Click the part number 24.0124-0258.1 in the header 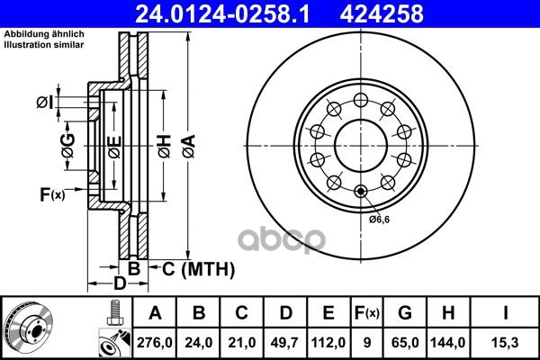222,13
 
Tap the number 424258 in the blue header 382,13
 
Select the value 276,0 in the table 155,343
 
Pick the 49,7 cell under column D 285,343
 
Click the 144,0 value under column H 447,343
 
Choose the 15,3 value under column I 505,343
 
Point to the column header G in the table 405,313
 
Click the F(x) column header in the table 367,313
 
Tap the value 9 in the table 367,343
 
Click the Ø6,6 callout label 379,219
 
